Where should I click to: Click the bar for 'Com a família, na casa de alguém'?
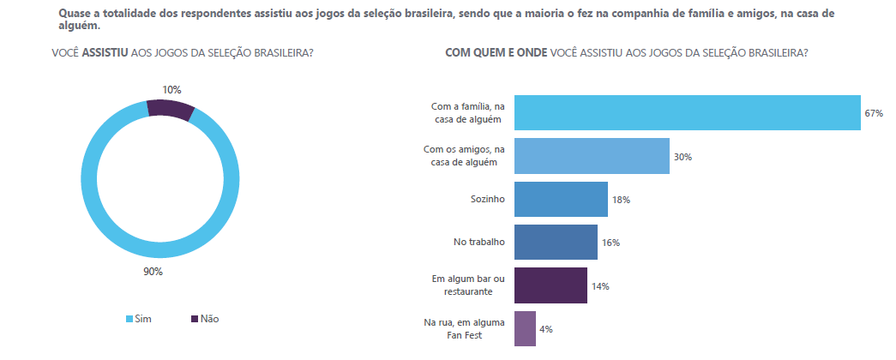(x=686, y=113)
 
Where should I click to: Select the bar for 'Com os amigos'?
(x=591, y=156)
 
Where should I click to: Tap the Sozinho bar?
(x=560, y=199)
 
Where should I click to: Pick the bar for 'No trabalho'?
(x=555, y=243)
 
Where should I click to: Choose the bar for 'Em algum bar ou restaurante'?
(x=550, y=285)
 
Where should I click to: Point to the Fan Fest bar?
(x=524, y=328)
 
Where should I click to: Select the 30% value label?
(x=683, y=157)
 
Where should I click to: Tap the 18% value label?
(x=621, y=200)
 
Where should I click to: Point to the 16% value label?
(x=610, y=243)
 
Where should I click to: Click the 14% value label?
(x=599, y=286)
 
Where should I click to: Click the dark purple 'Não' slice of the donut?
(x=170, y=108)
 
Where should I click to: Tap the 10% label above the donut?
(x=171, y=89)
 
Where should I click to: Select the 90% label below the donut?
(x=153, y=273)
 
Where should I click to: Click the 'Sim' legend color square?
(x=129, y=319)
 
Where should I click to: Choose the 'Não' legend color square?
(x=194, y=319)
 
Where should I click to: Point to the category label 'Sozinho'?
(x=488, y=200)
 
